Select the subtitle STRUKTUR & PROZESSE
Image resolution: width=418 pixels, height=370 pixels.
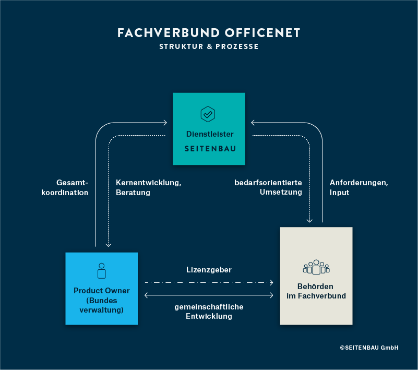click(209, 46)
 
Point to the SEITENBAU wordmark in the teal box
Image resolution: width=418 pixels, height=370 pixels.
click(210, 149)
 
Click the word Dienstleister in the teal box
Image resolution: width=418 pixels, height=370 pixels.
click(210, 134)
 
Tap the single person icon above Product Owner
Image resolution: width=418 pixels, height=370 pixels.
click(102, 270)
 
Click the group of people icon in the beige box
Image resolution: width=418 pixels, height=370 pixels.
click(316, 268)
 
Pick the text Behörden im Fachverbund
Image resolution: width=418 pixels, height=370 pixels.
click(316, 291)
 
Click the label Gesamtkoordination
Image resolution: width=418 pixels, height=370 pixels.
click(65, 188)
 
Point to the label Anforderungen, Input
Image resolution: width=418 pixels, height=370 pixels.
click(359, 188)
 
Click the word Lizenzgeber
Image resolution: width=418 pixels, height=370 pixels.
click(209, 270)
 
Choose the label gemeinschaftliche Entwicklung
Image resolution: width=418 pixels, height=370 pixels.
click(209, 312)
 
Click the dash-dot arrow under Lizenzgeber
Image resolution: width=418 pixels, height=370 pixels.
click(209, 283)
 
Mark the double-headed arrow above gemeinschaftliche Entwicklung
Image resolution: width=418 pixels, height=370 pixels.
click(209, 296)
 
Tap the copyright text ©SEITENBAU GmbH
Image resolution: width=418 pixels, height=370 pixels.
click(369, 348)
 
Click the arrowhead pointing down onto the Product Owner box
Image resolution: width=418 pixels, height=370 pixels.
click(109, 244)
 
